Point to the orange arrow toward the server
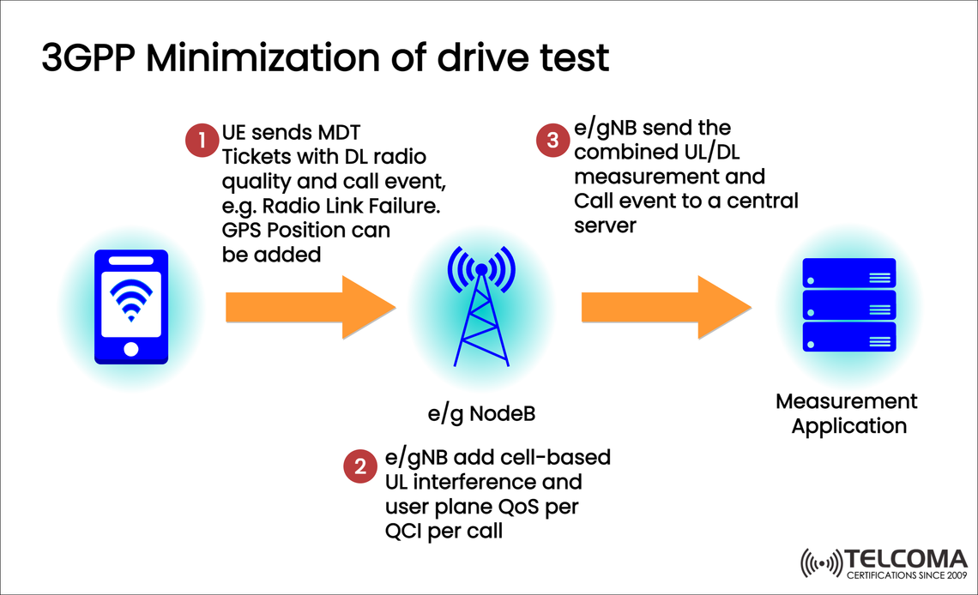(667, 306)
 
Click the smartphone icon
(130, 307)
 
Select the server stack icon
(848, 305)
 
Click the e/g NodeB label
(481, 414)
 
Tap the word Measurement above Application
(847, 401)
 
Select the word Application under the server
(848, 426)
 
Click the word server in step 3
(606, 225)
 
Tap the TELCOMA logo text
(906, 557)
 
